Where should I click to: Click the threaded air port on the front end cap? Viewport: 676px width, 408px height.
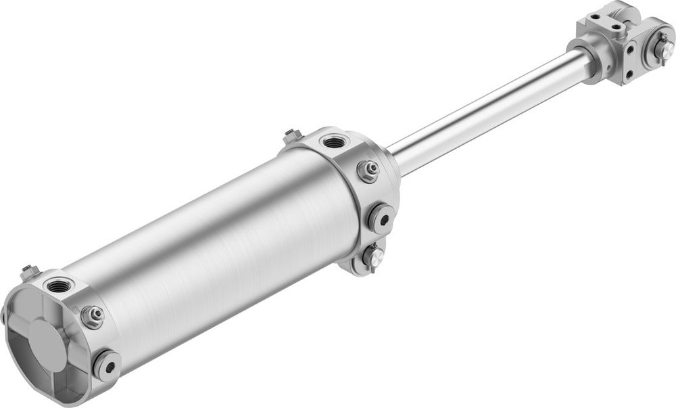pos(333,142)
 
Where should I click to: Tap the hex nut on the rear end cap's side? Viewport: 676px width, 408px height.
pos(92,315)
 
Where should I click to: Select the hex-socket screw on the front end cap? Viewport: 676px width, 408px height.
pos(381,218)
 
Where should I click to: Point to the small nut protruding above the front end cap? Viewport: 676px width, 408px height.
pos(292,136)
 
